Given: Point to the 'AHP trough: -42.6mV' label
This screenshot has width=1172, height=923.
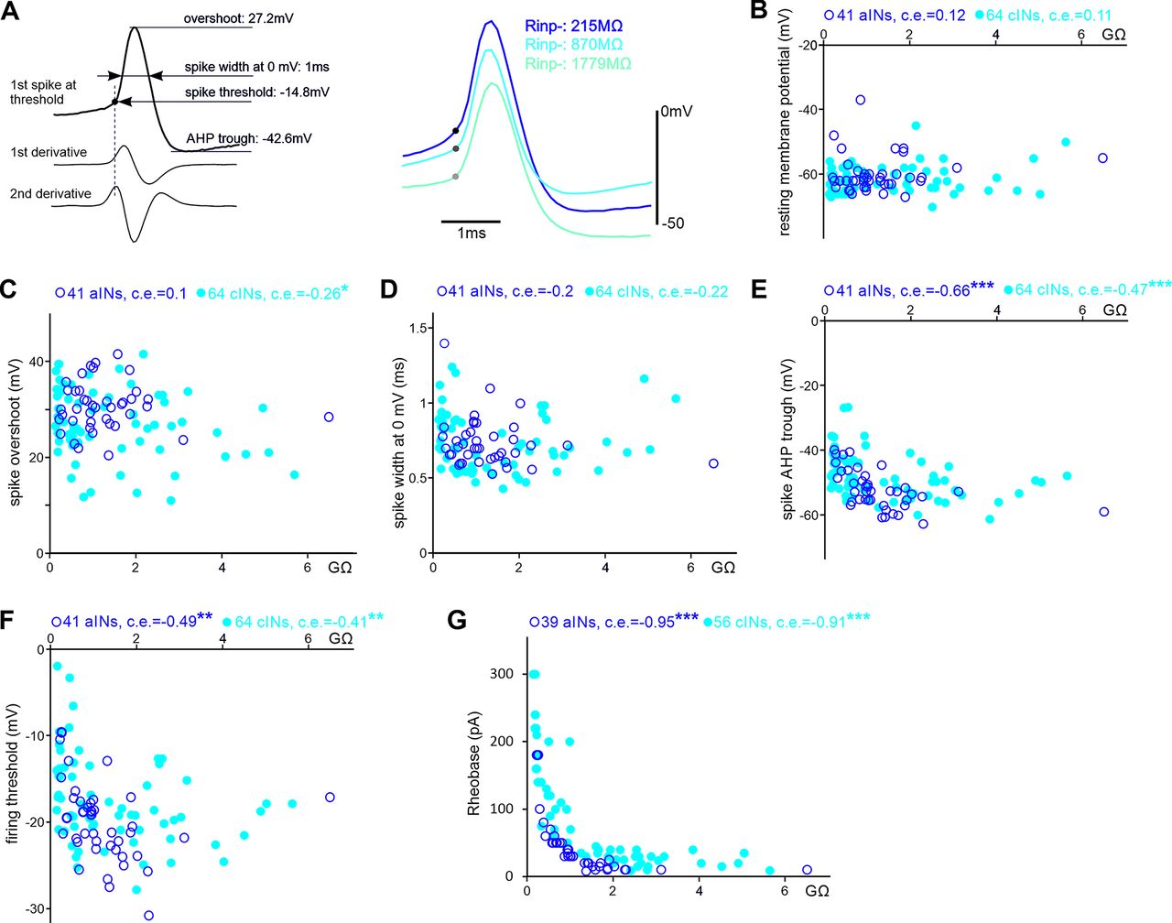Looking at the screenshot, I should tap(248, 138).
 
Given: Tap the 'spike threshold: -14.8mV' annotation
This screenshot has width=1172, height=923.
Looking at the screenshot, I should tap(257, 92).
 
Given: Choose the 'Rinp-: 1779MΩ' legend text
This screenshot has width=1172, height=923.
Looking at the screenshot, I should tap(578, 63).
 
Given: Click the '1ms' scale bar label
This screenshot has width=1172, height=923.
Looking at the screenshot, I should tap(472, 233).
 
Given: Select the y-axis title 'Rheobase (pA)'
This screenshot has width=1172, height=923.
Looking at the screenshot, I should tap(474, 766).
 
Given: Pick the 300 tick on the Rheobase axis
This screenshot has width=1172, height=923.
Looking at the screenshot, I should tap(505, 674).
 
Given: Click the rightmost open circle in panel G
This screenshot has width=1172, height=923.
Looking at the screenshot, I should tap(807, 870).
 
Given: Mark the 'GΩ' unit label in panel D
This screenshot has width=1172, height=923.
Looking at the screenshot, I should tap(723, 568).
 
